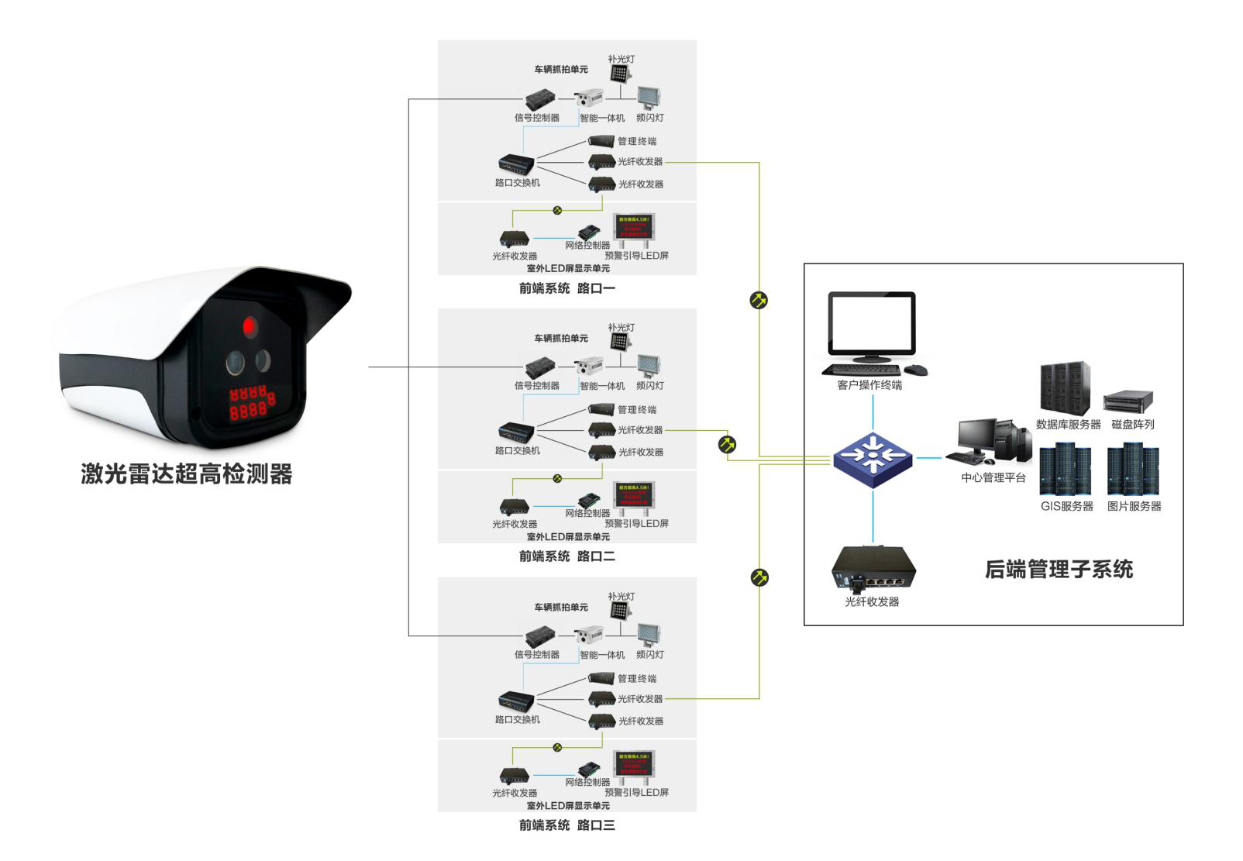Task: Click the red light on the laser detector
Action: [x=250, y=327]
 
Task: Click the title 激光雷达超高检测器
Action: [x=186, y=474]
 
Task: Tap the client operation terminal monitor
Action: [x=872, y=326]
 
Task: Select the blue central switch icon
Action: [x=873, y=458]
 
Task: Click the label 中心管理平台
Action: [x=993, y=477]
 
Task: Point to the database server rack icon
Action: [x=1065, y=388]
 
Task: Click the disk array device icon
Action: [x=1129, y=401]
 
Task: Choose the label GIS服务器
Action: [x=1066, y=506]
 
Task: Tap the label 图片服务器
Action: [x=1134, y=506]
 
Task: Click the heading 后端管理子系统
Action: [x=1059, y=570]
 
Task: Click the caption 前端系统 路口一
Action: [x=566, y=288]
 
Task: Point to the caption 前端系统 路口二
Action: [x=566, y=556]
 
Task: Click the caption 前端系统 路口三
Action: [x=566, y=825]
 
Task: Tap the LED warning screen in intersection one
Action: [x=635, y=226]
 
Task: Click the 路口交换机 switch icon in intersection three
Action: [x=516, y=701]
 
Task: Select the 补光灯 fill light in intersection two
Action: [x=620, y=342]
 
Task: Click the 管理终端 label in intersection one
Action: [x=636, y=141]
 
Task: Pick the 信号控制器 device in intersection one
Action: [x=540, y=100]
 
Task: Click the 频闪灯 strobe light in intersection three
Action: [x=649, y=635]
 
